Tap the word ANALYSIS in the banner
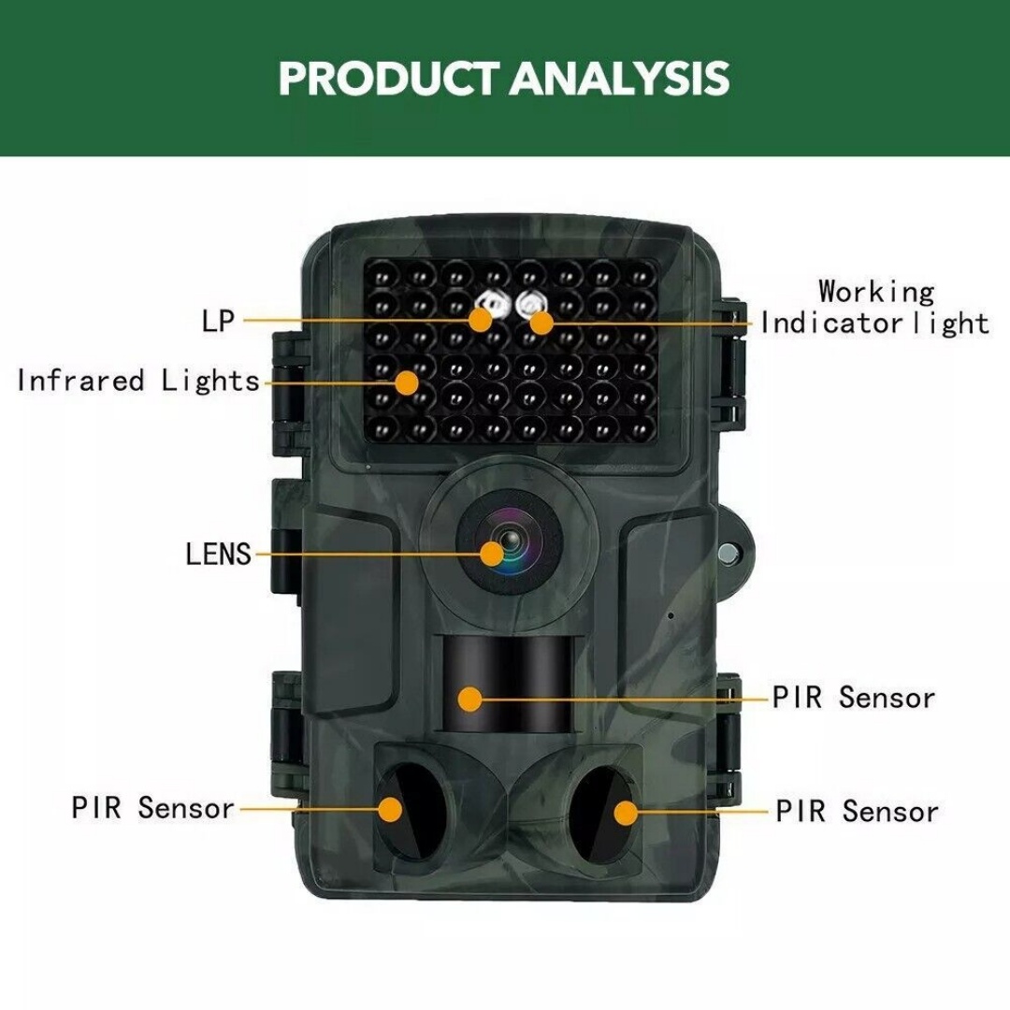point(620,79)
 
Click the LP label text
point(218,321)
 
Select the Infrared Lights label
point(138,381)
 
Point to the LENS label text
point(219,554)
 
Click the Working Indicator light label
point(874,308)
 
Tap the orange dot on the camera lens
point(492,554)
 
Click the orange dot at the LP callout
point(482,320)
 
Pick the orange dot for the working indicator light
point(541,323)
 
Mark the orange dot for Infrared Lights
point(406,382)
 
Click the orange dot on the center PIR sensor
point(470,698)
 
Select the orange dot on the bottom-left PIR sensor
point(391,809)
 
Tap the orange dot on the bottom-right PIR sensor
point(626,811)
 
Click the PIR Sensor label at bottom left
point(152,807)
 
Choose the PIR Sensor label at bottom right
point(857,811)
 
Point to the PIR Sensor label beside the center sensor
point(853,698)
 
